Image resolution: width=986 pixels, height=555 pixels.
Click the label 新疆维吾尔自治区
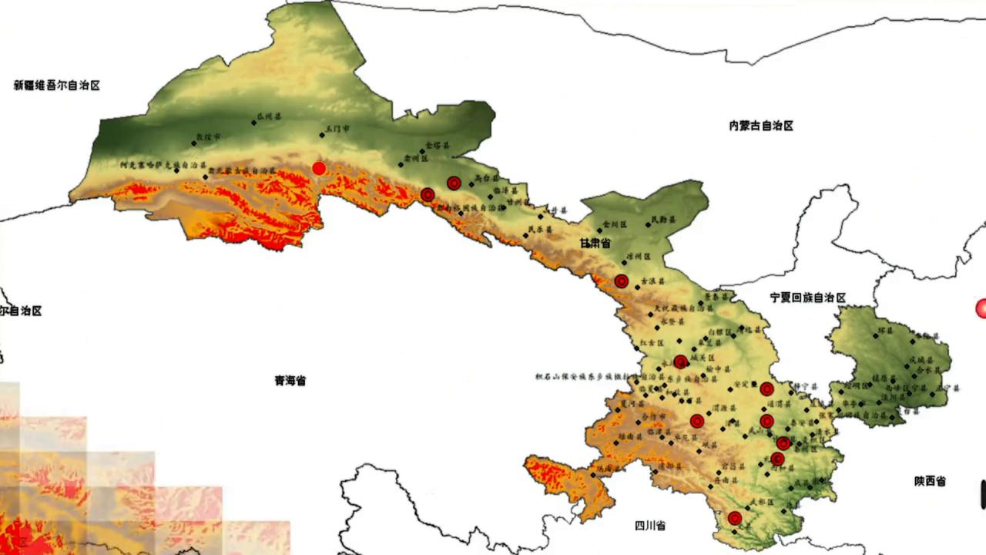point(57,86)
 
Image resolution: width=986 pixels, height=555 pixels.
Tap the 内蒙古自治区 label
point(761,126)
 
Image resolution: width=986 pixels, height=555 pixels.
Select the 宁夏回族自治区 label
point(807,298)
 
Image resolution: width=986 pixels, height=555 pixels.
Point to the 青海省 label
point(290,381)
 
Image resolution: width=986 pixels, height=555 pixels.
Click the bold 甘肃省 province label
point(595,244)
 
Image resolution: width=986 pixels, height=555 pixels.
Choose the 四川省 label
point(650,526)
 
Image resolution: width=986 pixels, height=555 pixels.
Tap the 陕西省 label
point(930,481)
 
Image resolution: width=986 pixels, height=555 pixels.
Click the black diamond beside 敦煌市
point(194,143)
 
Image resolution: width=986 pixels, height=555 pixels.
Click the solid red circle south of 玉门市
point(319,168)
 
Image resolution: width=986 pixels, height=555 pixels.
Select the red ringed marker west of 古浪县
point(622,281)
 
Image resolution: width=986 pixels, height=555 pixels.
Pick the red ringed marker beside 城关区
point(680,362)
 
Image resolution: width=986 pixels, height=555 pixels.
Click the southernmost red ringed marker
point(735,518)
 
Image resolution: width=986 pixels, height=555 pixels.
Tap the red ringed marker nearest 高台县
point(454,183)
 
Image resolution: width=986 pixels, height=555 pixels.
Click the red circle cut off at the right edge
point(981,308)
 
